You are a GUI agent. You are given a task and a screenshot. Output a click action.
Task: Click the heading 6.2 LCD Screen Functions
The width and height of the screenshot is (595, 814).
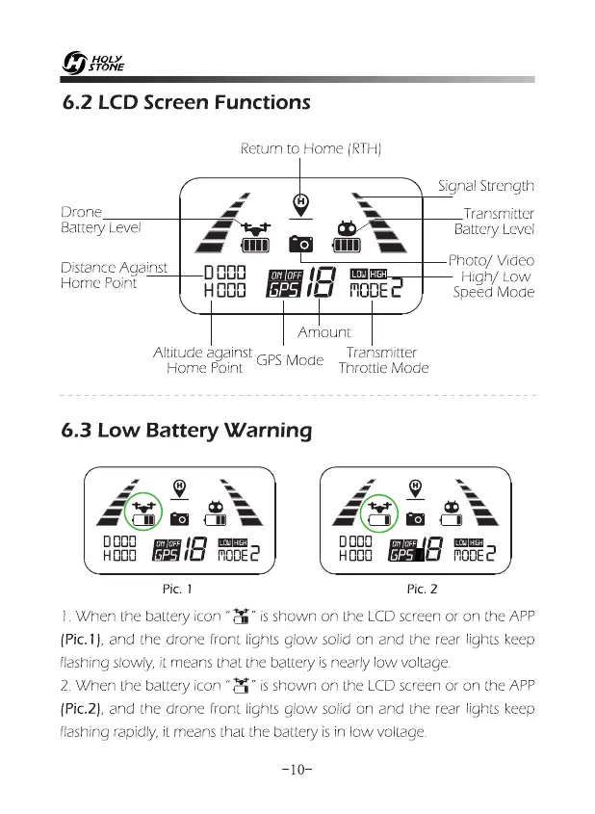[x=185, y=102]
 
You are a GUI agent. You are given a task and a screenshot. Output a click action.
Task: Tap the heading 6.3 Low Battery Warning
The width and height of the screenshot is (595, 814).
[x=185, y=430]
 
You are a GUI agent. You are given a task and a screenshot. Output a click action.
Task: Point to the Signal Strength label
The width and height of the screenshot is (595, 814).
[x=485, y=185]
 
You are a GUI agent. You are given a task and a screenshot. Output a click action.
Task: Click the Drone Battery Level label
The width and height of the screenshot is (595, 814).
[x=100, y=221]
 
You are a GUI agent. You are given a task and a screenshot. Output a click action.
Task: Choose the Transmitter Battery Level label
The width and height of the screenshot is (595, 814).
[x=495, y=221]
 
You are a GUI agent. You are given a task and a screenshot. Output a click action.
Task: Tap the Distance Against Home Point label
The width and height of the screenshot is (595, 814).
[x=113, y=275]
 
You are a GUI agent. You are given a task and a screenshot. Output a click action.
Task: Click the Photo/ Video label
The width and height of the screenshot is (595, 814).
[x=491, y=261]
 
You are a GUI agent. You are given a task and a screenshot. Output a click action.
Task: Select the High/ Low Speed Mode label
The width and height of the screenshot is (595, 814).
[x=494, y=284]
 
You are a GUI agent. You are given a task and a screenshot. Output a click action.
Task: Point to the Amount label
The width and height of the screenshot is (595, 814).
[x=324, y=332]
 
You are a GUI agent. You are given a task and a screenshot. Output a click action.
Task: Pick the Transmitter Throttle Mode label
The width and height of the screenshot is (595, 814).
[x=382, y=360]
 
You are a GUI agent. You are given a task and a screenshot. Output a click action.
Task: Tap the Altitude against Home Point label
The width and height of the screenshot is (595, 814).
[x=203, y=360]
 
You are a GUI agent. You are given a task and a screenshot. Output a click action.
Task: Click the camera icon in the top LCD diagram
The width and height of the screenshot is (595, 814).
[x=302, y=242]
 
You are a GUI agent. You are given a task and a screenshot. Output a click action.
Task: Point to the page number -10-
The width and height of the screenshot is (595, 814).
[x=297, y=770]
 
